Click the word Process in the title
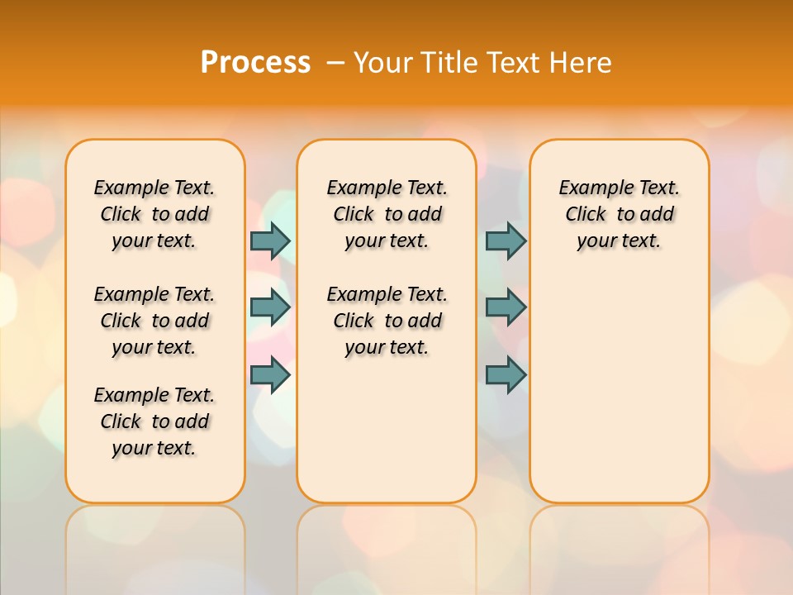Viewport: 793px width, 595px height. pyautogui.click(x=255, y=62)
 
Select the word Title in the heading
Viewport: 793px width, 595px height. pyautogui.click(x=451, y=63)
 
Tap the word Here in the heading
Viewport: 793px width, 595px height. pyautogui.click(x=581, y=63)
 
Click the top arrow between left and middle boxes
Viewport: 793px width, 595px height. pyautogui.click(x=270, y=240)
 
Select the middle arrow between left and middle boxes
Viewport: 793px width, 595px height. pyautogui.click(x=270, y=307)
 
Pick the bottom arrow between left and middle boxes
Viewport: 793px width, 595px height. pyautogui.click(x=270, y=375)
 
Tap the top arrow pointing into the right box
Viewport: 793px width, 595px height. pyautogui.click(x=506, y=240)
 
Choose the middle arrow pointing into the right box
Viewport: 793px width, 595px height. pyautogui.click(x=506, y=307)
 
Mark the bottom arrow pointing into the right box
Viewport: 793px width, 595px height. pyautogui.click(x=506, y=375)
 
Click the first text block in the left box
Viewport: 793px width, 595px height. pyautogui.click(x=154, y=214)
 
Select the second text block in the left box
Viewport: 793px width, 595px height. pyautogui.click(x=154, y=321)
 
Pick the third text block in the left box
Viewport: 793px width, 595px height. pyautogui.click(x=154, y=421)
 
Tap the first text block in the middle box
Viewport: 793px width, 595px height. pyautogui.click(x=387, y=214)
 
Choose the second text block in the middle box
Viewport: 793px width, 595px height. pyautogui.click(x=387, y=321)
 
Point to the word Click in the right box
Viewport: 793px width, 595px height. pyautogui.click(x=586, y=214)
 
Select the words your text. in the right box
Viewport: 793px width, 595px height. pyautogui.click(x=619, y=241)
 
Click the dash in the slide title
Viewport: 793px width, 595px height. pyautogui.click(x=335, y=63)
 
